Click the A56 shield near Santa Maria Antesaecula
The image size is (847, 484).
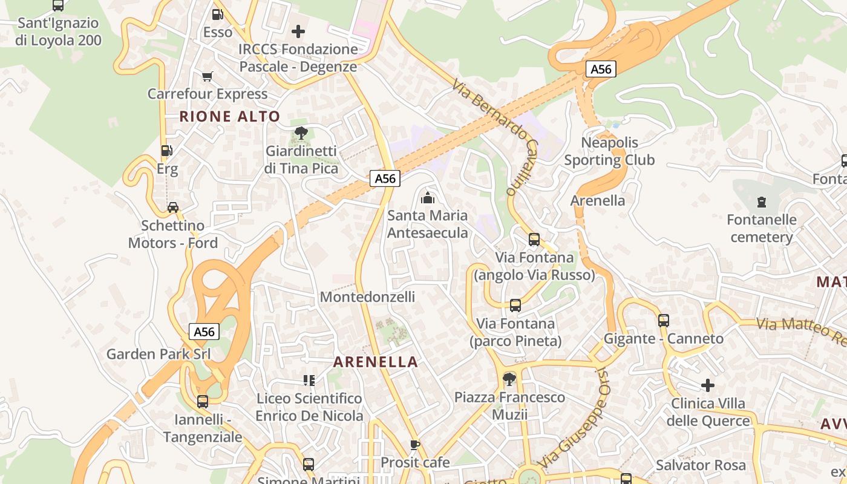385,178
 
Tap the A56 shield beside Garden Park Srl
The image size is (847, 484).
204,332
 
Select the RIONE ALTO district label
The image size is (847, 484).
230,117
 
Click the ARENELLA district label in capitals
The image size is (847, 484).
376,362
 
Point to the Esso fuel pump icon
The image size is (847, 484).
217,14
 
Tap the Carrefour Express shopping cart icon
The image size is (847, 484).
208,76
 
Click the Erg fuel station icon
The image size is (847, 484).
166,151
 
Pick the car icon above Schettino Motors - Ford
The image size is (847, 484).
173,208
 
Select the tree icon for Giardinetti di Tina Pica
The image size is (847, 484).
301,133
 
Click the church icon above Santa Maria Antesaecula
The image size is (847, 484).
428,197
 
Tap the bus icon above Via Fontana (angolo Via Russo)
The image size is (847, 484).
534,239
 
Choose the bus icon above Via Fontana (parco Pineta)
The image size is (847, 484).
515,306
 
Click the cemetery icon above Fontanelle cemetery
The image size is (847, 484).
761,201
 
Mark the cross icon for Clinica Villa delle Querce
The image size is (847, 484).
708,385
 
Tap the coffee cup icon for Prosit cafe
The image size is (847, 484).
414,445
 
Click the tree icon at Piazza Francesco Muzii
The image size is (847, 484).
509,379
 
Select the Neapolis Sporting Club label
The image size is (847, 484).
609,151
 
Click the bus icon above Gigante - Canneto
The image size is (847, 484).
664,321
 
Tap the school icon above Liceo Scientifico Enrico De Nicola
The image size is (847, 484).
309,381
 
